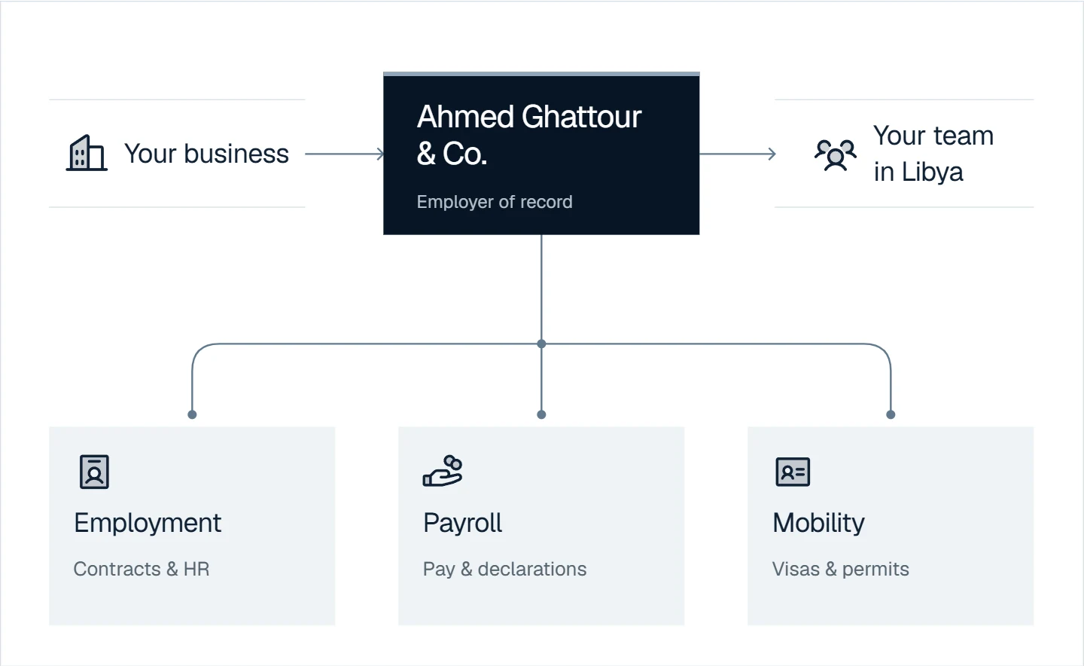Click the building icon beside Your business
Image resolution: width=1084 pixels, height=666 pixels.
[87, 153]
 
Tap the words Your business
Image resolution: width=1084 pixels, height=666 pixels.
[206, 154]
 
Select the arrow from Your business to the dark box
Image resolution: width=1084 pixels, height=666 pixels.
[345, 154]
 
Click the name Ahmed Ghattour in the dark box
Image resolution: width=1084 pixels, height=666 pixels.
[529, 117]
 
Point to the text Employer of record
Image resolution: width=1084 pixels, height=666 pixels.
[495, 201]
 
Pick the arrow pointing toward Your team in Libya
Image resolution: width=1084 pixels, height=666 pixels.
[738, 154]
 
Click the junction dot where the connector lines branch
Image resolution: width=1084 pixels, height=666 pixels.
[541, 344]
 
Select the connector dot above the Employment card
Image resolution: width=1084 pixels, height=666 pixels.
[192, 414]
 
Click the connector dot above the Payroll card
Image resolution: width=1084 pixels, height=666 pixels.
[541, 414]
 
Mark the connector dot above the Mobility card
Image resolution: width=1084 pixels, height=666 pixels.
[891, 414]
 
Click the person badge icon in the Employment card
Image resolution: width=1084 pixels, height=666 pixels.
[94, 472]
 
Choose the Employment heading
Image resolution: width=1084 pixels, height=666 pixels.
[148, 524]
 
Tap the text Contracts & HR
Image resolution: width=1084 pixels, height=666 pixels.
[142, 569]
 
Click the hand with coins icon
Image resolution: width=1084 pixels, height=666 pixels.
[443, 470]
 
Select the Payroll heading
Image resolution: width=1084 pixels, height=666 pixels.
[463, 523]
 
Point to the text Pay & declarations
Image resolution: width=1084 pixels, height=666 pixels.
[504, 569]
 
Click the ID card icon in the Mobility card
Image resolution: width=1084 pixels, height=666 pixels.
[793, 472]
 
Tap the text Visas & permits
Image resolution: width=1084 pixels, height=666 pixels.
[841, 569]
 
